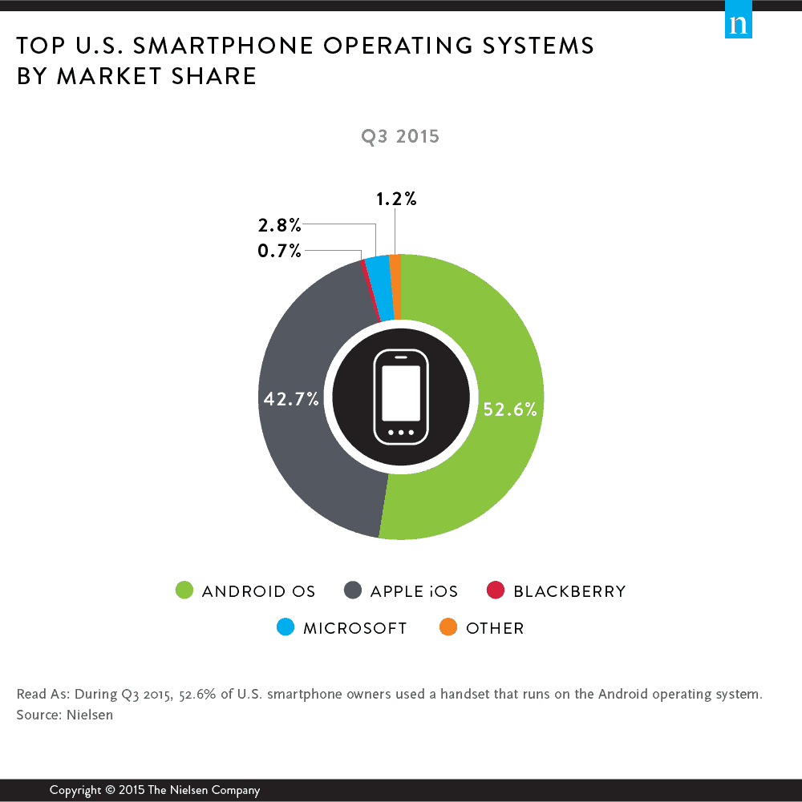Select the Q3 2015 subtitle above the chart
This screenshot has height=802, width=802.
(401, 136)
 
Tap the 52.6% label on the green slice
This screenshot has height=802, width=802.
(509, 409)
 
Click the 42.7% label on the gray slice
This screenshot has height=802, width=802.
(292, 399)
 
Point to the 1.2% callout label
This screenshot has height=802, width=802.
(396, 199)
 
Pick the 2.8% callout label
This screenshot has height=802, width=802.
(280, 227)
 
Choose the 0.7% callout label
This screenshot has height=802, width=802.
(280, 252)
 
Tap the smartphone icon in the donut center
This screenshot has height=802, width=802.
(401, 396)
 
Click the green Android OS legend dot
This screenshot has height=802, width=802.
(184, 591)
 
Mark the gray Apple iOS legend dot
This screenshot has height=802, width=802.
(352, 591)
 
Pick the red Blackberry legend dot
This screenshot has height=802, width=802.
(496, 591)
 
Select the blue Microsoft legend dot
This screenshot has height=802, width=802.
(286, 628)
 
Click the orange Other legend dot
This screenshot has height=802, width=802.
(448, 628)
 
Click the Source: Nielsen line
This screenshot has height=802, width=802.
(64, 715)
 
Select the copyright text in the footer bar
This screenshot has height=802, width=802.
(155, 790)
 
